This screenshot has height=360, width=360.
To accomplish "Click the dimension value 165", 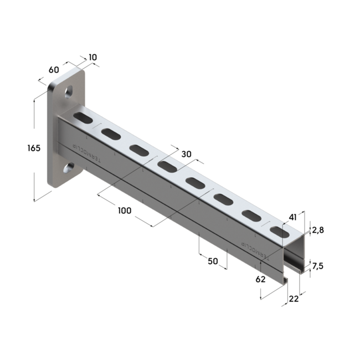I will pos(33,148).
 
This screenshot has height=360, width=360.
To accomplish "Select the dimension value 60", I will pos(54,70).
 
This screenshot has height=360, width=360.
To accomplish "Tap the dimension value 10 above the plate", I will pos(92,58).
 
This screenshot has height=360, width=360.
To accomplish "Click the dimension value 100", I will pos(124,210).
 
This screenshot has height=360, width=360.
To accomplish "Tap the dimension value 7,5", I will pos(317,266).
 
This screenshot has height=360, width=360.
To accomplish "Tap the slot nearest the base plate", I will pos(83,117).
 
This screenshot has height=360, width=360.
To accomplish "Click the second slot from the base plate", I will pos(111,133).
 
